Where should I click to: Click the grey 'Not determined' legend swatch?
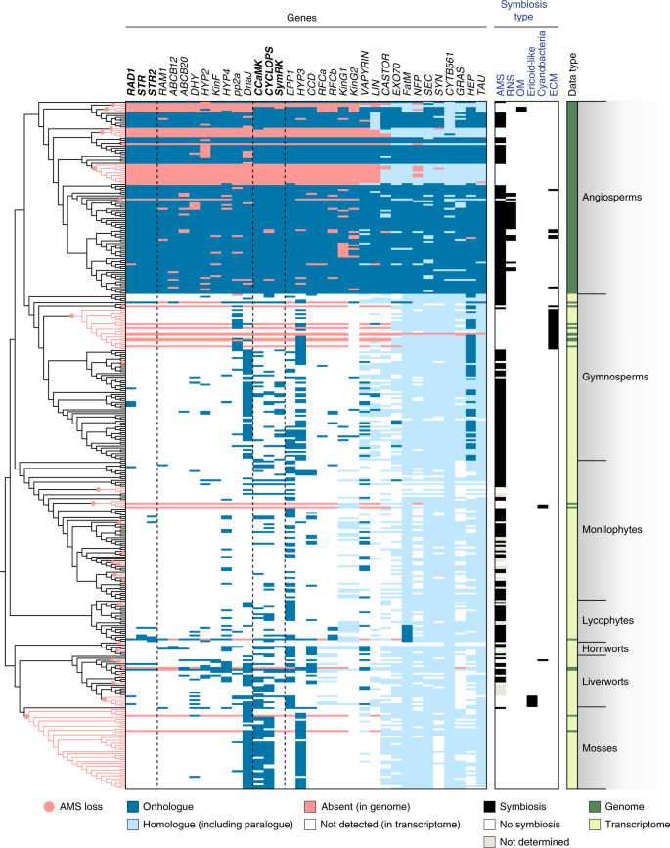click(491, 840)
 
